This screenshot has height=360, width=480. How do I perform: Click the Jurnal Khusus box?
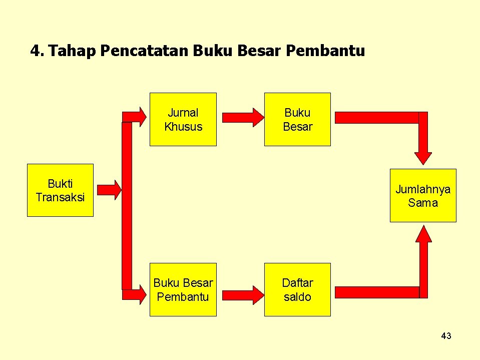183,119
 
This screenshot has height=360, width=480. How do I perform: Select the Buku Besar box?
297,119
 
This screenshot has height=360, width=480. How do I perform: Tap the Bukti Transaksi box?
60,190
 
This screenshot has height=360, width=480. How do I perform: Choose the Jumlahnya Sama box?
423,195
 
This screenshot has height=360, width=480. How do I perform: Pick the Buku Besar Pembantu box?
183,289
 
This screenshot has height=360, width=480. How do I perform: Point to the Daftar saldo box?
297,289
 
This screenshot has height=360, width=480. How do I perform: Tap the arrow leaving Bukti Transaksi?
109,189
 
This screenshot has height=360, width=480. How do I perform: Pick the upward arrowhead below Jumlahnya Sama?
424,234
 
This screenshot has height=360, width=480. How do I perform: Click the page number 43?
446,336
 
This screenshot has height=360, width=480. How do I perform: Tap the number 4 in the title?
35,51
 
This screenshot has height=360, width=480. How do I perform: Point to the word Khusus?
183,127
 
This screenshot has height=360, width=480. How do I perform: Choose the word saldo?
297,297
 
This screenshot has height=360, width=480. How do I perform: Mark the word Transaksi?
60,197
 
